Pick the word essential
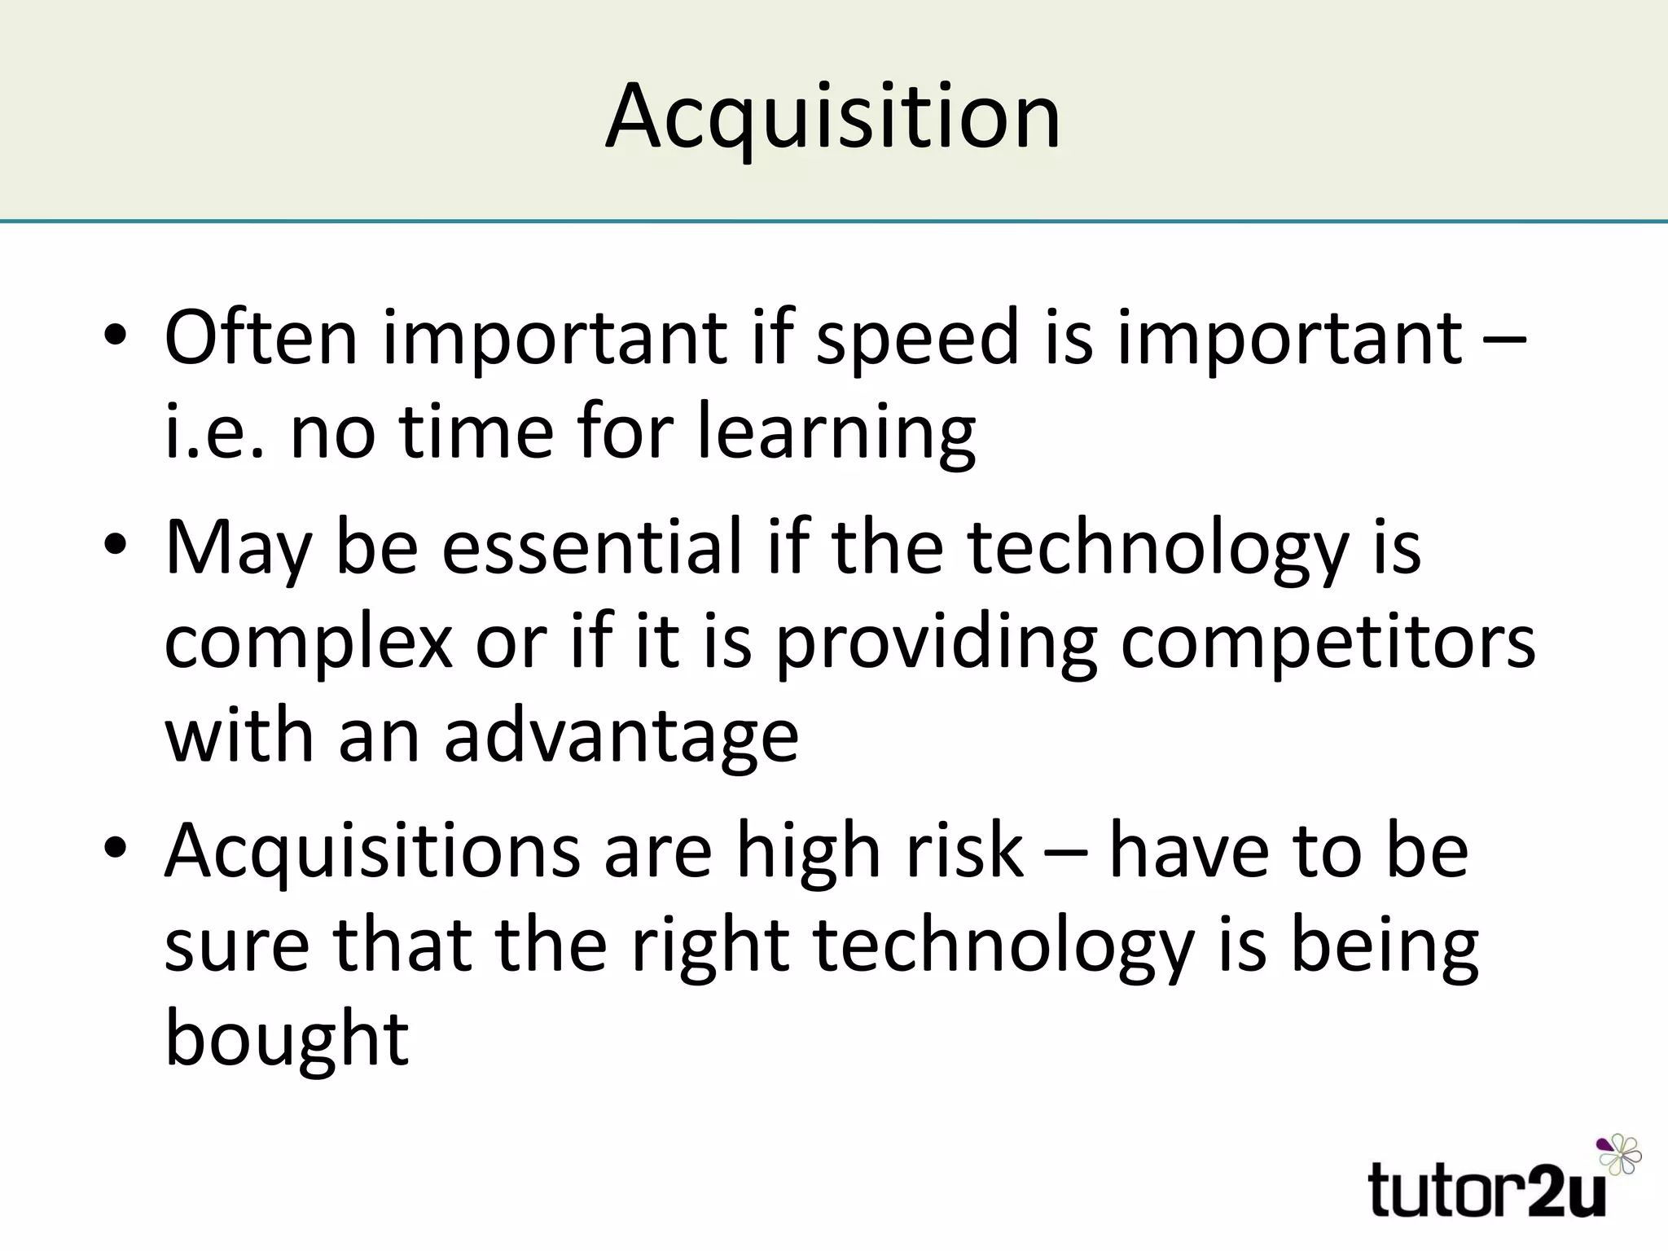pos(592,547)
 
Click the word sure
pos(237,947)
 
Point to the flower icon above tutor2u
pos(1620,1155)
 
